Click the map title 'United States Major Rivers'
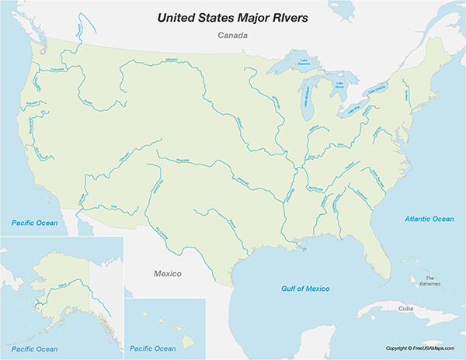232,16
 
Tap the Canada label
232,36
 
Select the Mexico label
165,274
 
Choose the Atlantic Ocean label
429,220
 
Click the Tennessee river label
316,189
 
